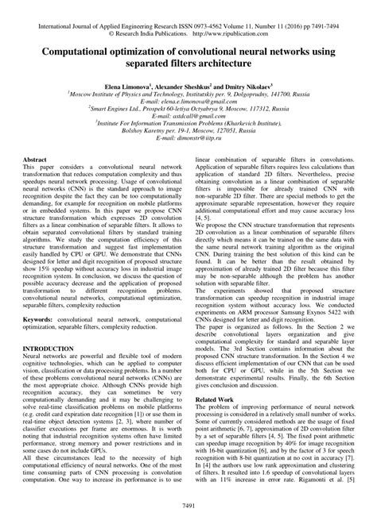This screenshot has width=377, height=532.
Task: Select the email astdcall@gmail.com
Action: pyautogui.click(x=188, y=121)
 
